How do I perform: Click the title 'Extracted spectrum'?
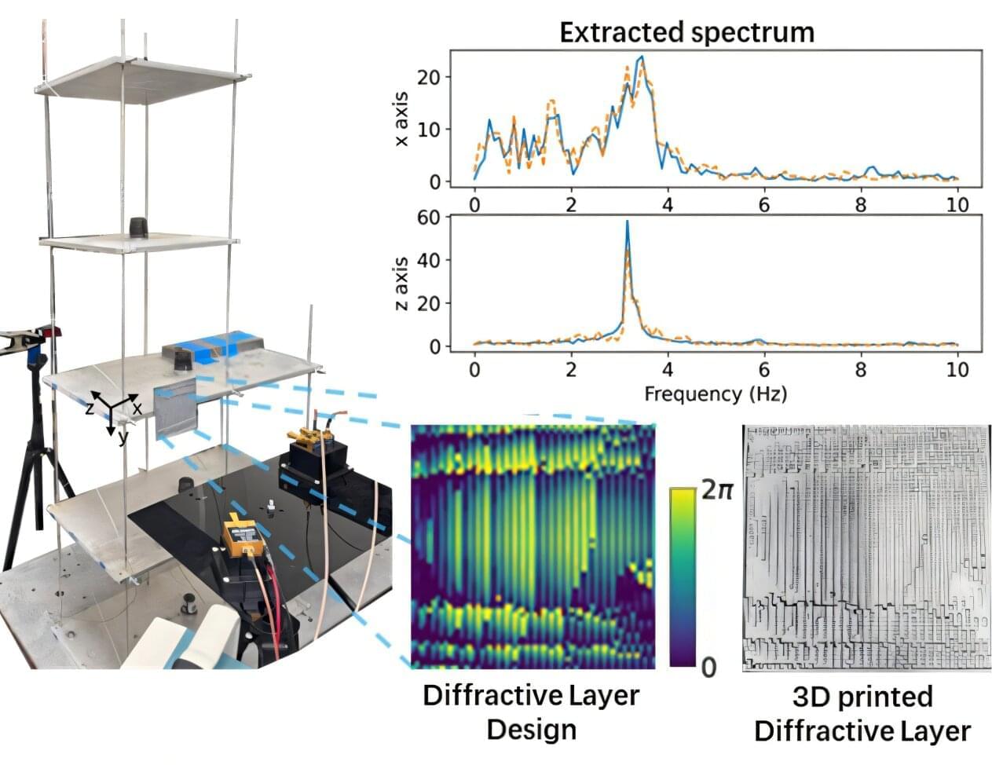click(686, 32)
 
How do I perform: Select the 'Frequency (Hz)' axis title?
click(715, 393)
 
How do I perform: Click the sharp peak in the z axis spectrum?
click(627, 224)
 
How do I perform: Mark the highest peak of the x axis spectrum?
click(642, 57)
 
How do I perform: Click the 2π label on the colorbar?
click(716, 491)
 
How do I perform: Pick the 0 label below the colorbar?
click(708, 668)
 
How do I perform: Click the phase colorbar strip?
click(683, 576)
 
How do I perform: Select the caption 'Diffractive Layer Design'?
click(531, 712)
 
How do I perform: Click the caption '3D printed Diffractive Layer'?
click(862, 714)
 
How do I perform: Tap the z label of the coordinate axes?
click(90, 407)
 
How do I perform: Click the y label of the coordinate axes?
click(123, 437)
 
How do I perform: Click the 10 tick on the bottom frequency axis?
click(957, 369)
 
